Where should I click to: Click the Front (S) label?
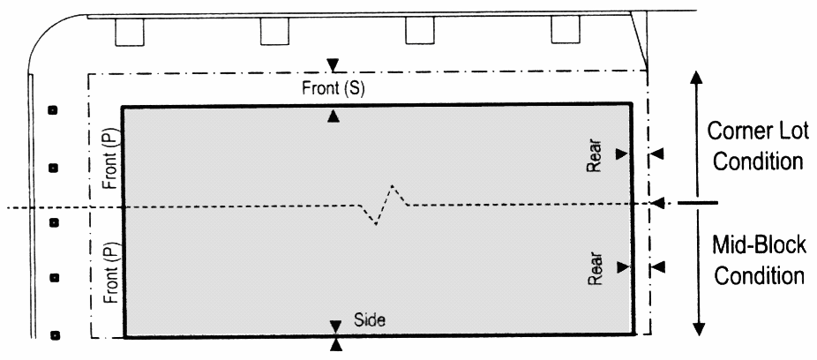(x=333, y=89)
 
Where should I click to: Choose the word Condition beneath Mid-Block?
(x=760, y=275)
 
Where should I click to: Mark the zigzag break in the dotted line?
(x=385, y=204)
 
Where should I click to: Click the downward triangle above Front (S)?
(x=333, y=64)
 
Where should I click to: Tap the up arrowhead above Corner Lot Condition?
(x=697, y=76)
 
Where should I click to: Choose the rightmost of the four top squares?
(x=565, y=31)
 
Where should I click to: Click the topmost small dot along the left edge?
(x=52, y=111)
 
